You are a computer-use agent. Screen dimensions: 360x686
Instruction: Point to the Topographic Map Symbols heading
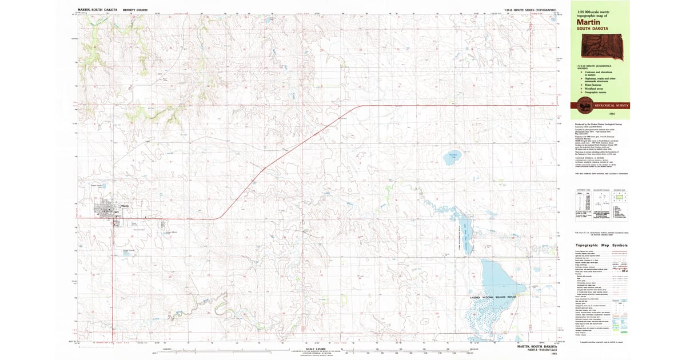[x=601, y=245]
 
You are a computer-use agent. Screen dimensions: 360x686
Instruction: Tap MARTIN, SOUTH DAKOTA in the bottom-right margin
[x=537, y=346]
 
